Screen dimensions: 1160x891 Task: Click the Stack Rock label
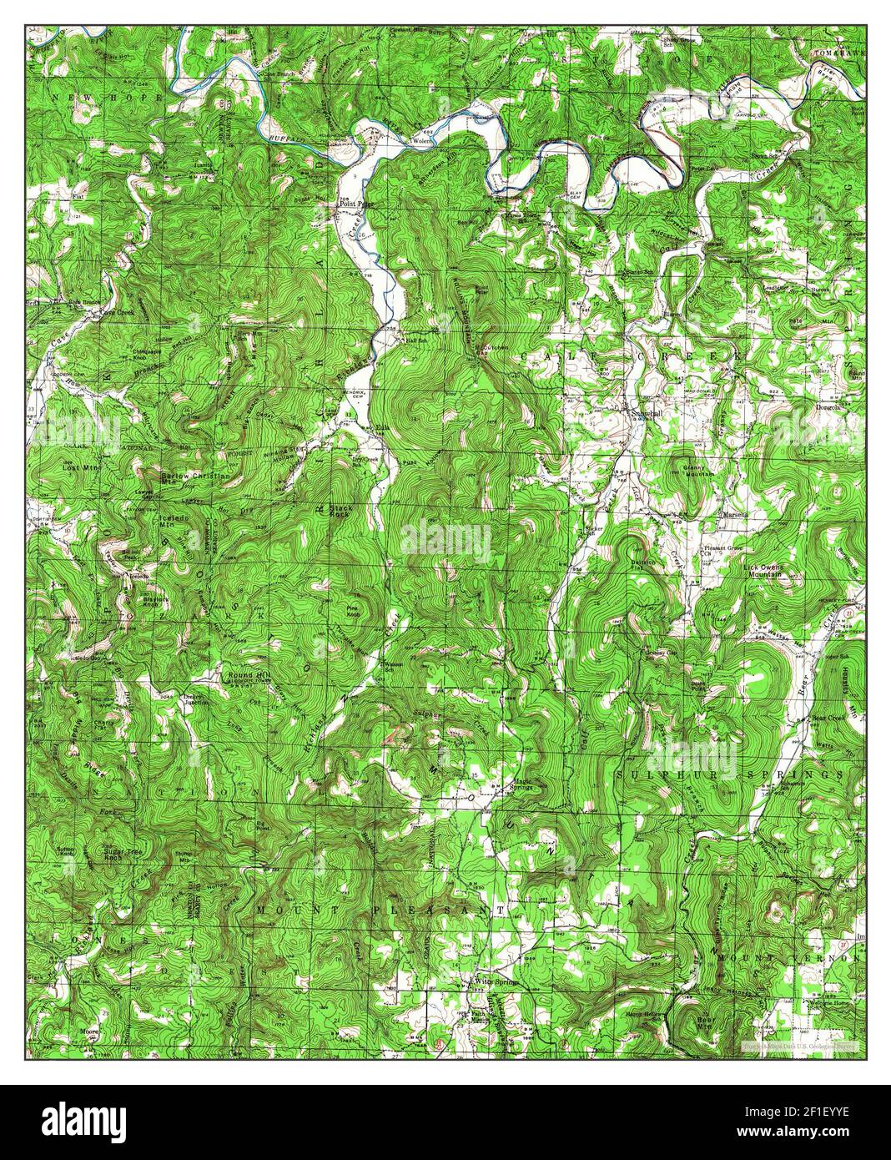340,511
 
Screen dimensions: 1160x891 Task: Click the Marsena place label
738,514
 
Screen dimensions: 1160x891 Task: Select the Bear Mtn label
706,1021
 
